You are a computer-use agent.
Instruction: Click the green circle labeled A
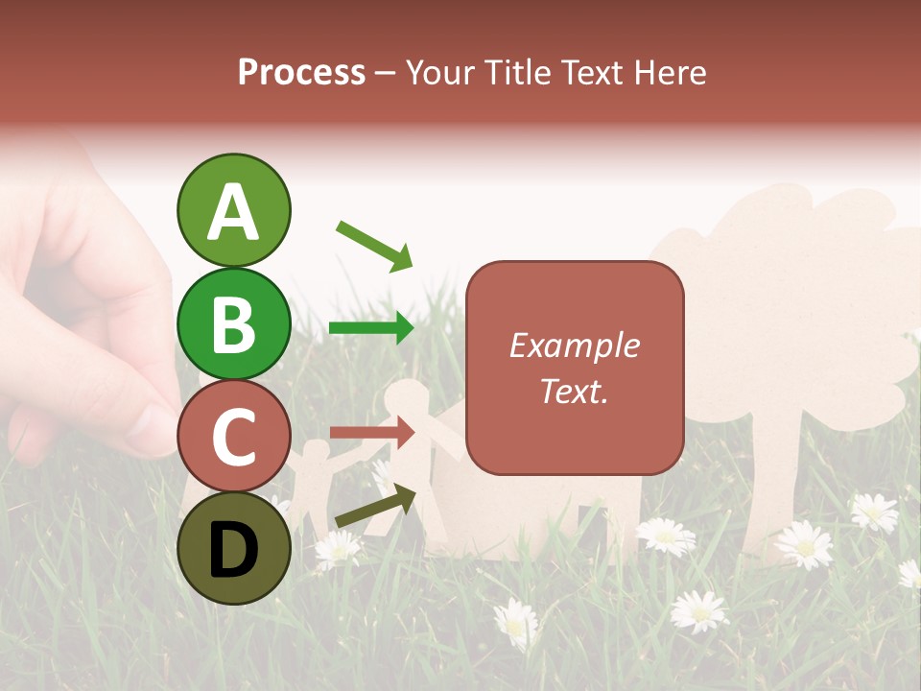coord(233,210)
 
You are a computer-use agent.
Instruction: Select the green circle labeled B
coord(233,322)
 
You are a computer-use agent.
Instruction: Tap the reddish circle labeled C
coord(233,436)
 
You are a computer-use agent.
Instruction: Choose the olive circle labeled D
coord(233,548)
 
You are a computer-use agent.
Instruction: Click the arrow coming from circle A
coord(374,246)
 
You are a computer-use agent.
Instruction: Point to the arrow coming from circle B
coord(371,328)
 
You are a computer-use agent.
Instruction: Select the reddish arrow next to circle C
coord(371,432)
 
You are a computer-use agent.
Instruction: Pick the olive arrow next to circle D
coord(375,506)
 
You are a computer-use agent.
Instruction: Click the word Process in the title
coord(301,72)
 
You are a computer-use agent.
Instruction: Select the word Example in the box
coord(574,345)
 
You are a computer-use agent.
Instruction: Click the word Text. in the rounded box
coord(574,391)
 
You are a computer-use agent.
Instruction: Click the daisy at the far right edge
coord(909,573)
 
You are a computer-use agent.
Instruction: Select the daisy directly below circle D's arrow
coord(337,547)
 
